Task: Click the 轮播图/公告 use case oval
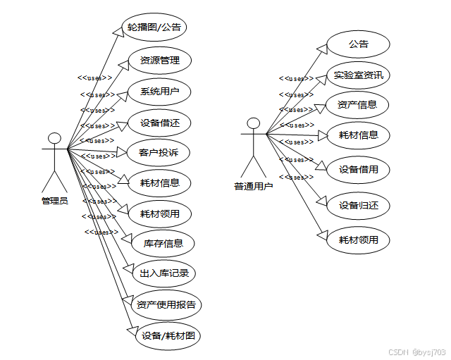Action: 154,28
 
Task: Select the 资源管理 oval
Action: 160,61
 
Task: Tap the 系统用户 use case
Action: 160,92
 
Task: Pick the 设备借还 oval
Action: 160,123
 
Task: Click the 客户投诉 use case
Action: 160,152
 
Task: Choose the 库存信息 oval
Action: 163,244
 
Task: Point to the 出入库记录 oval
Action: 163,273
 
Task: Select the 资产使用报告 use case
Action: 166,305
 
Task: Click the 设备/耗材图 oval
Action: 168,336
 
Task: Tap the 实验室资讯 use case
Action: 359,75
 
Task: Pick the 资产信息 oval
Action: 357,105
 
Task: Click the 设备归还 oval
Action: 359,206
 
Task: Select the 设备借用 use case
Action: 359,169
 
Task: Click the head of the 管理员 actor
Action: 54,137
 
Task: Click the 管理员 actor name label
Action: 54,201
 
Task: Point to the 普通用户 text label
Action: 254,187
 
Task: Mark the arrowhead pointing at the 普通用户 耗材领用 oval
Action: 323,235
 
